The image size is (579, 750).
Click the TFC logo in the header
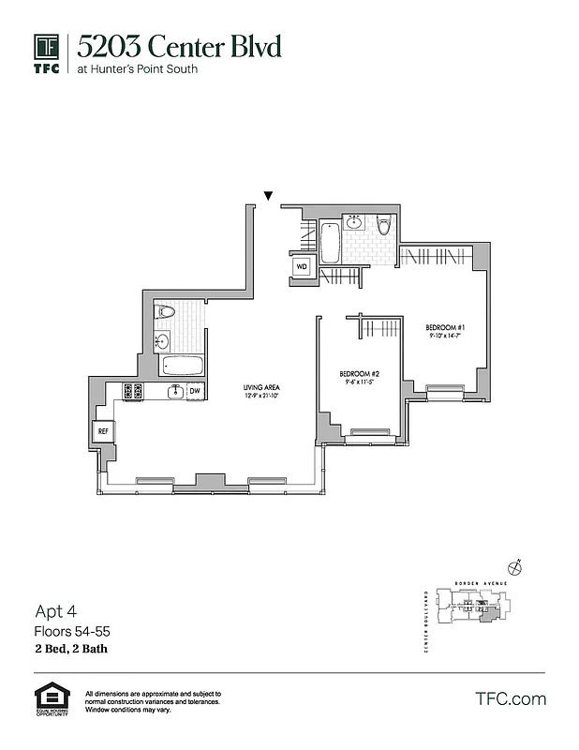point(47,52)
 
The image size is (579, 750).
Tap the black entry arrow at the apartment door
point(269,196)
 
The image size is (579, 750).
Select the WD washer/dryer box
point(302,266)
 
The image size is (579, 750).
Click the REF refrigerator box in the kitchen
point(103,431)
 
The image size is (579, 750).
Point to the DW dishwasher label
point(195,391)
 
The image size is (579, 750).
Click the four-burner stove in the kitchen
point(132,391)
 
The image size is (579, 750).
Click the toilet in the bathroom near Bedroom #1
point(383,228)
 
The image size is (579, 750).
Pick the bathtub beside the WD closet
point(330,243)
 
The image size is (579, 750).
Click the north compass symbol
point(514,566)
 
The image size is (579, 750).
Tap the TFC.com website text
point(510,698)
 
